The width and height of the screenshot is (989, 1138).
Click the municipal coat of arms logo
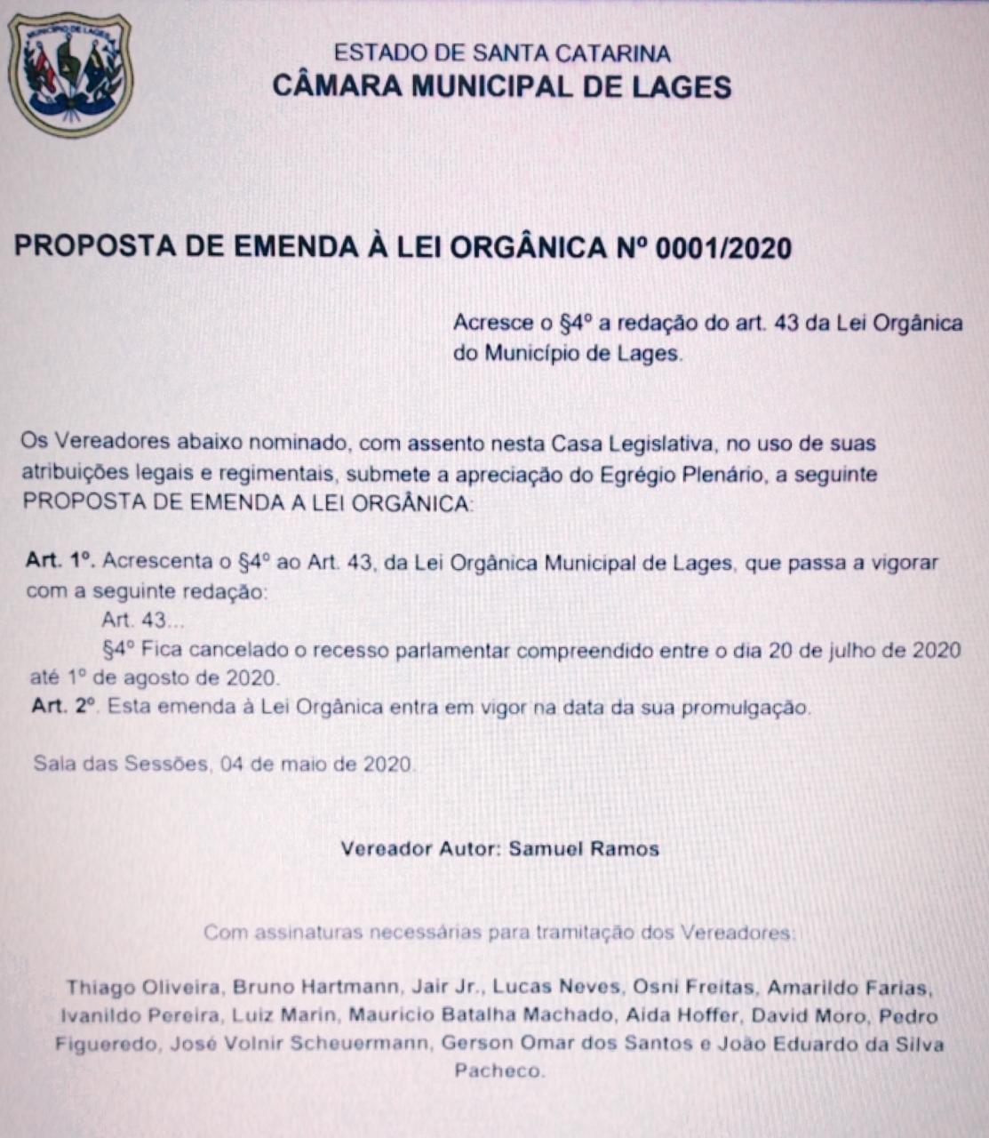tap(69, 75)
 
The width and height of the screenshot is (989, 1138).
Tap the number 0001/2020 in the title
tap(722, 248)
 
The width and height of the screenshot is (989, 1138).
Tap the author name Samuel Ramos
tap(584, 848)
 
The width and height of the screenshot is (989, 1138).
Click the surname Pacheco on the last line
tap(498, 1071)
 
